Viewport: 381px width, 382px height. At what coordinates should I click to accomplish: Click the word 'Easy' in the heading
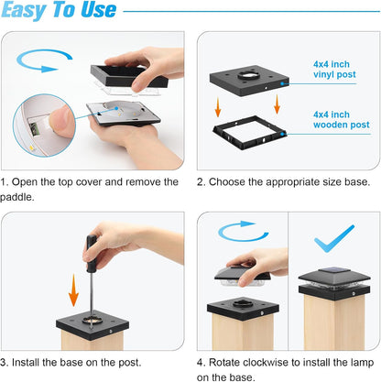point(23,10)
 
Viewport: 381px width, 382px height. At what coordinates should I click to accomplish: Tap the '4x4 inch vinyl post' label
point(334,70)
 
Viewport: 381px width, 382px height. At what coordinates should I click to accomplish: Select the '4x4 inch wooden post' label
point(341,120)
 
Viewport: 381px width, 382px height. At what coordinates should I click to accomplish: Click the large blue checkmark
point(334,239)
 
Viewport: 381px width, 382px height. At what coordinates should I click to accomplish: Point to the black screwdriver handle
point(92,254)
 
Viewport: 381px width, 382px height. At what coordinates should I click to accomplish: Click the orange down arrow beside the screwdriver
point(73,290)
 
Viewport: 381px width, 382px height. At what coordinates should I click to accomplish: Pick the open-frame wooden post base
point(249,133)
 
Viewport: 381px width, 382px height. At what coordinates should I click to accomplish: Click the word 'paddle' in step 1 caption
point(16,197)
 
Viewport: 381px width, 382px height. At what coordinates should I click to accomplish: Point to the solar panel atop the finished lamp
point(334,270)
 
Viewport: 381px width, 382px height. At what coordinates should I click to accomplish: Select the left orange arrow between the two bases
point(218,107)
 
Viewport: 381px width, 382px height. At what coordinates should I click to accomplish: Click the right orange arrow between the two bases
point(277,104)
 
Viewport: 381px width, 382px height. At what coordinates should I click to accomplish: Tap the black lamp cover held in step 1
point(129,76)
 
